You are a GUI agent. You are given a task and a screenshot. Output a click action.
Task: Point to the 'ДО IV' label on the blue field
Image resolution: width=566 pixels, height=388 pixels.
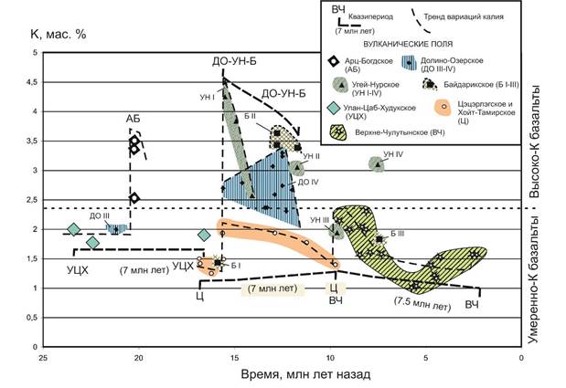coord(308,183)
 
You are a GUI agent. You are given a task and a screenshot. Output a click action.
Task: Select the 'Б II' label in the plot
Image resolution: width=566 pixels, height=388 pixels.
coord(250,117)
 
